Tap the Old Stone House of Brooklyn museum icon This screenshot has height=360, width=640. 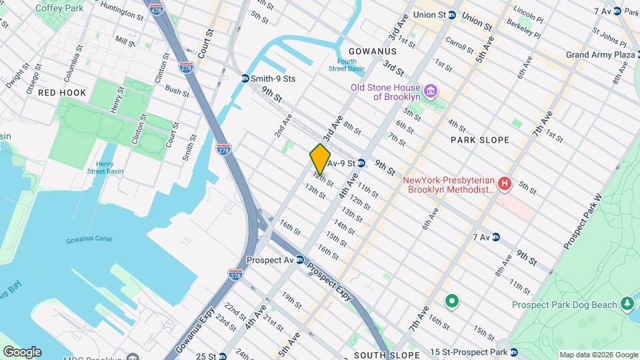431,90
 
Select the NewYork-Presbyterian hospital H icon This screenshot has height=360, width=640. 505,183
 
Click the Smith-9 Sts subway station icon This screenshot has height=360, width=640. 245,79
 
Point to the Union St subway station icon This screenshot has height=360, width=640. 452,15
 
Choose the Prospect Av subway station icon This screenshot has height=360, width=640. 301,260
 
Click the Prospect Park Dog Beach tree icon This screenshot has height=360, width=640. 627,305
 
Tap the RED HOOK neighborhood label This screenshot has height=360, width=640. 62,93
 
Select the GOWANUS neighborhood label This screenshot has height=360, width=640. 372,51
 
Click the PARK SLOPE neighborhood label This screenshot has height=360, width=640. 479,140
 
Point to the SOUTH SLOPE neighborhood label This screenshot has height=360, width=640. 387,355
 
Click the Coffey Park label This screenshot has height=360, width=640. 59,8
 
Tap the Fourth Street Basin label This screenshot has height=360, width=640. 346,65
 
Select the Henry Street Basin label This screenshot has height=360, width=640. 105,167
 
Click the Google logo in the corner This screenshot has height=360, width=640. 22,352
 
